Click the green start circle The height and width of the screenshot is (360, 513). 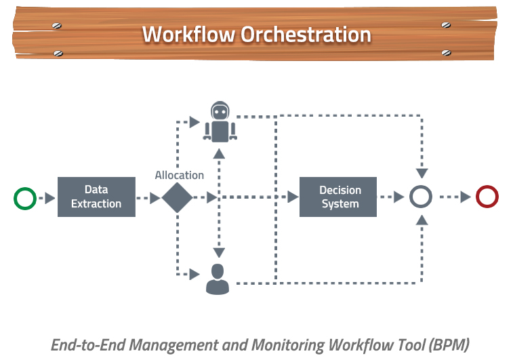click(x=25, y=198)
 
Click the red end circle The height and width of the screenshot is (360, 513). click(x=487, y=197)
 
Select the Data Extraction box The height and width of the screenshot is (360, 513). click(x=96, y=197)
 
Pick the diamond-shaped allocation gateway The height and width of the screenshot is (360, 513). click(x=177, y=197)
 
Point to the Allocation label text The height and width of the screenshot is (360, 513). click(x=180, y=175)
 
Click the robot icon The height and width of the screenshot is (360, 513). click(x=220, y=121)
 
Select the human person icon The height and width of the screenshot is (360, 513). click(x=218, y=279)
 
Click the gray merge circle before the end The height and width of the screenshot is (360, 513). click(x=421, y=197)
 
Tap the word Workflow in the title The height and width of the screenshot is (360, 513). click(x=180, y=34)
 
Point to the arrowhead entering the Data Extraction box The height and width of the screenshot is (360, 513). click(x=50, y=198)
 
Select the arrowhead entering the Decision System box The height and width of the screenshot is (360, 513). click(x=293, y=197)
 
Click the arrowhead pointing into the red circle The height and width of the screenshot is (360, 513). click(x=466, y=197)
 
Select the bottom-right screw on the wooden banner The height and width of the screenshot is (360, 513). click(x=445, y=52)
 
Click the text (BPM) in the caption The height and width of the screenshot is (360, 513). click(x=448, y=344)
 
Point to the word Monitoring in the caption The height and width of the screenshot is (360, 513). click(x=289, y=344)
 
